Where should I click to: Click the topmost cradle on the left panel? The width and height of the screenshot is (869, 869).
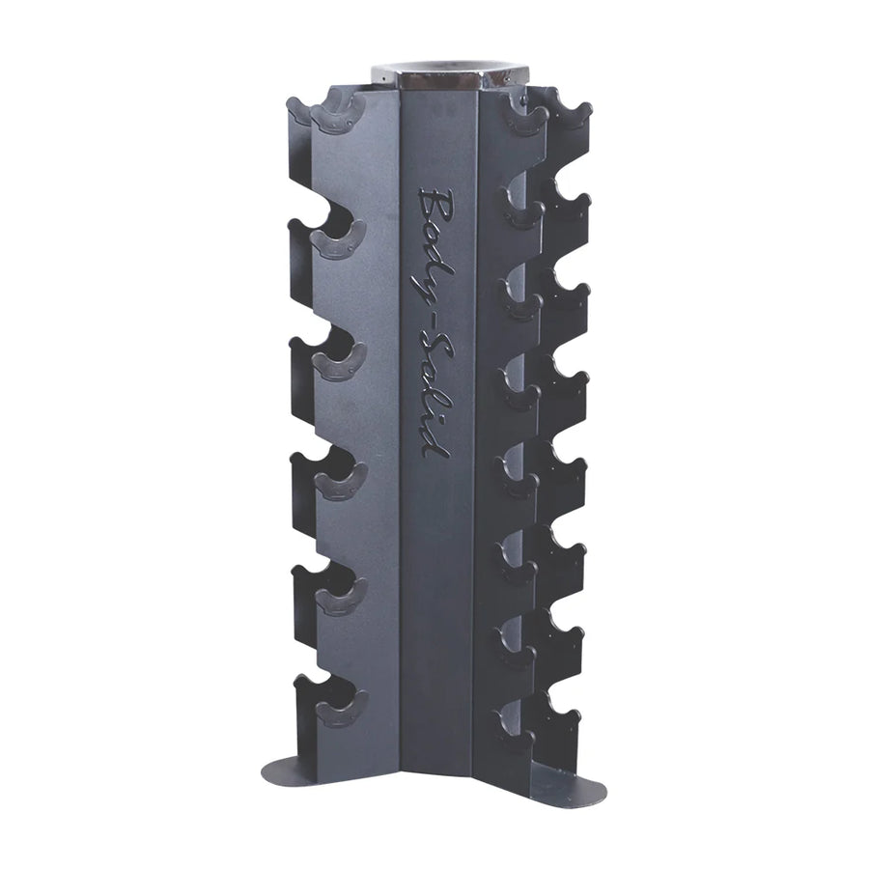(x=338, y=112)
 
